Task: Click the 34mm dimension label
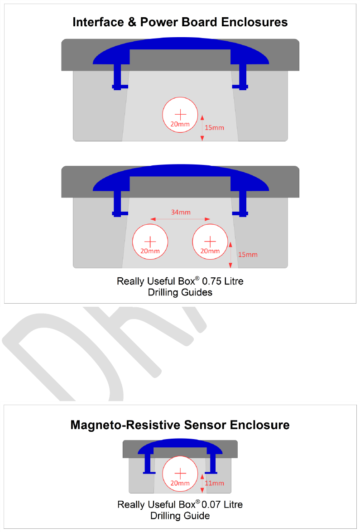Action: (181, 212)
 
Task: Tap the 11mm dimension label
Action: (215, 483)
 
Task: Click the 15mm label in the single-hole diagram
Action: (214, 127)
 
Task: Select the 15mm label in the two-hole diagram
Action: (248, 254)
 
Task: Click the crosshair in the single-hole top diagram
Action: (180, 114)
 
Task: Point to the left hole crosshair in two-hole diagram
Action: (150, 241)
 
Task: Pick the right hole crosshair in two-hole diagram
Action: (210, 241)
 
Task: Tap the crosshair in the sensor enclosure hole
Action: (180, 474)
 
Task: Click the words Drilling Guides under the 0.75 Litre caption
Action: (180, 292)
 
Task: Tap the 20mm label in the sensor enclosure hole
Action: (180, 483)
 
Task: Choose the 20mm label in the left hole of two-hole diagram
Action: (150, 251)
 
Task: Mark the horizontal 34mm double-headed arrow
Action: (181, 220)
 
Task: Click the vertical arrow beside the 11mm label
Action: (202, 483)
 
